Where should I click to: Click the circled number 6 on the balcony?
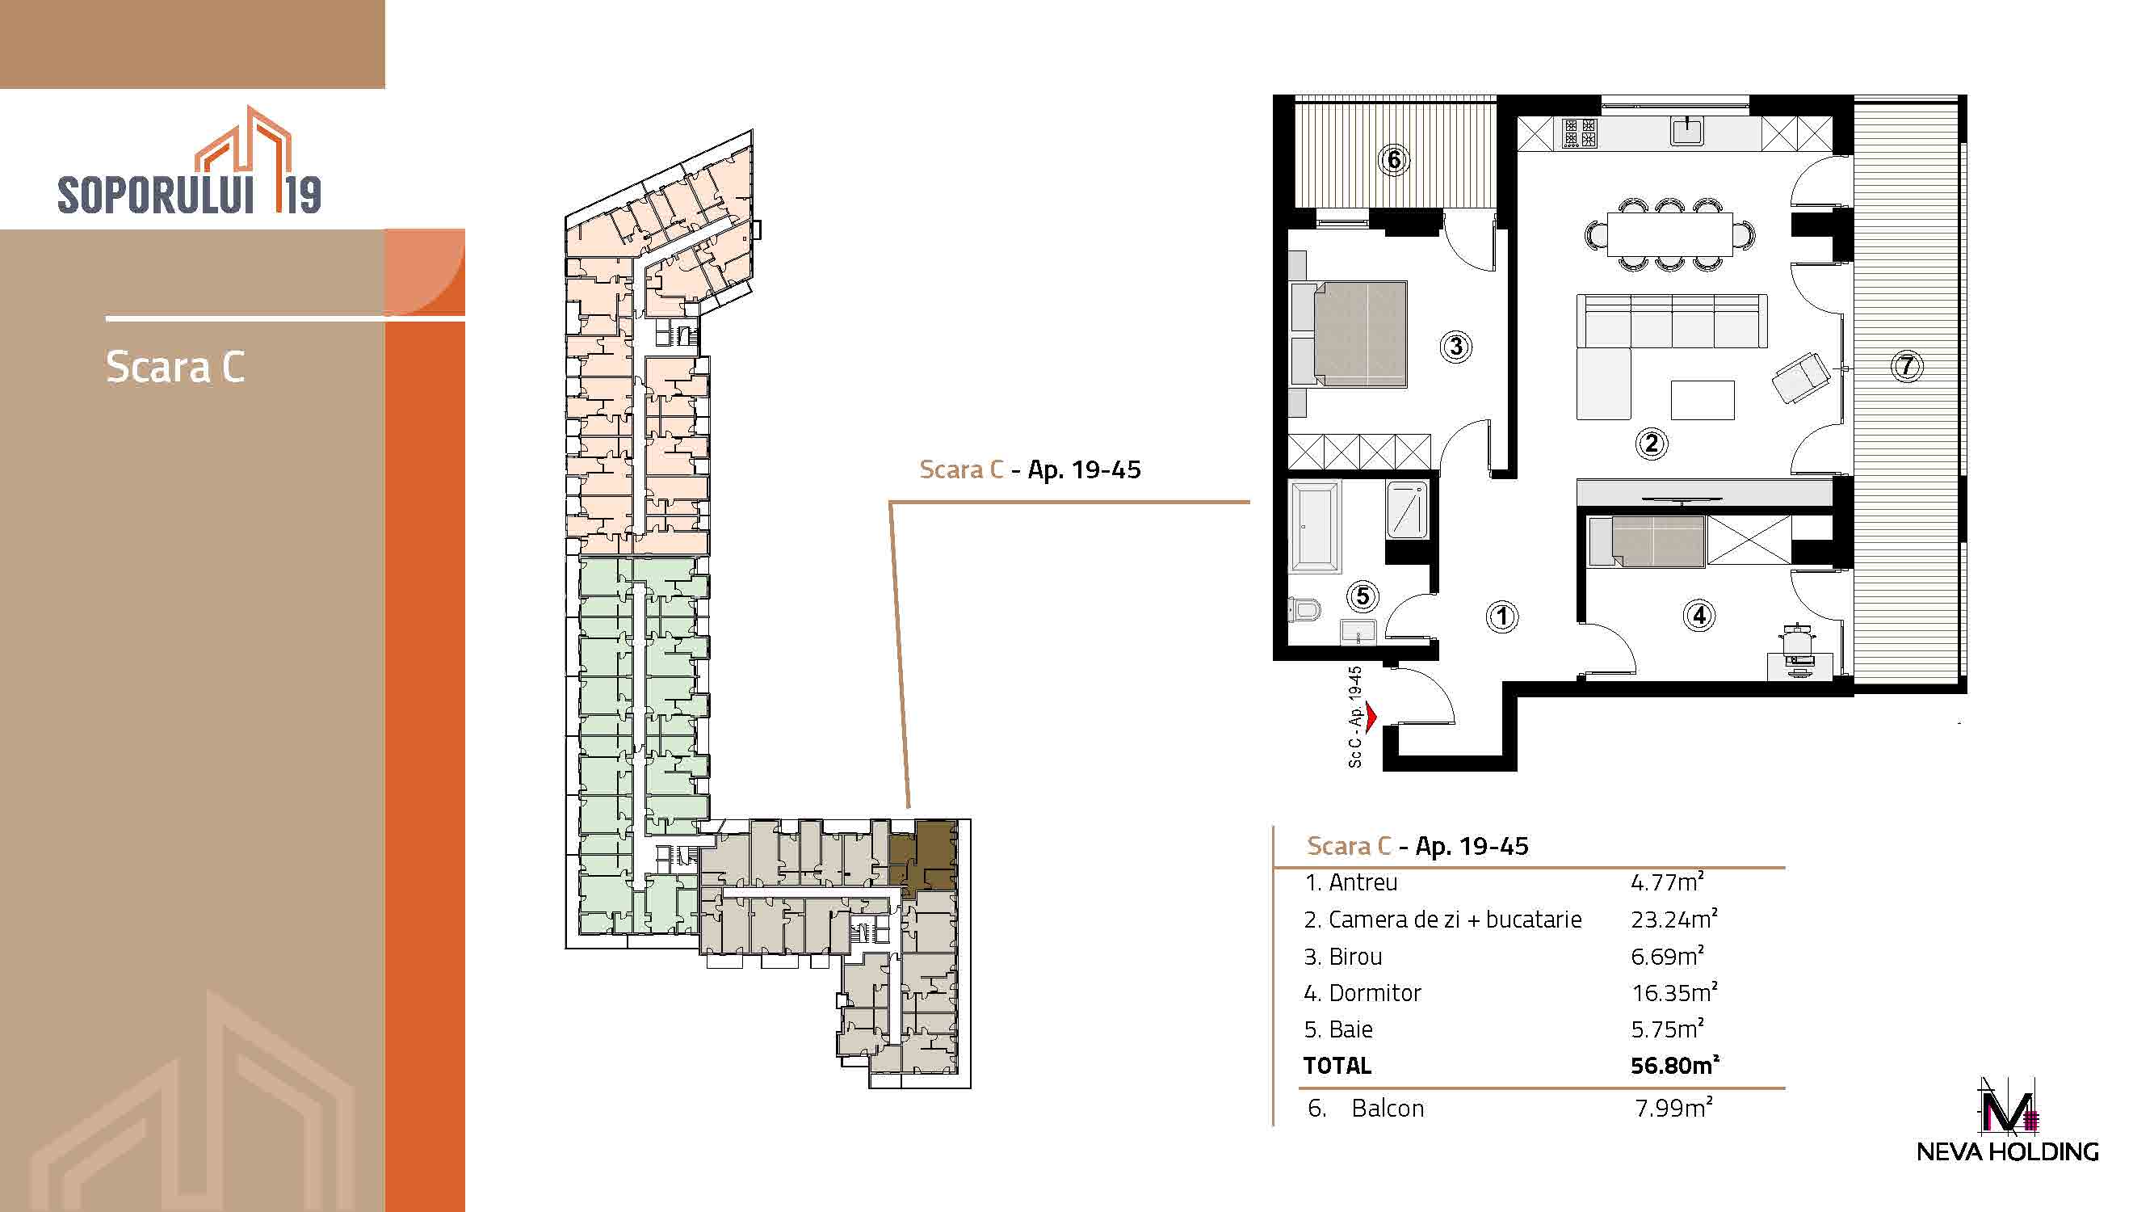click(x=1394, y=159)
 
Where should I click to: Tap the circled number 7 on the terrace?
click(x=1907, y=365)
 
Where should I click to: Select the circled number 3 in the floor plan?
click(x=1456, y=347)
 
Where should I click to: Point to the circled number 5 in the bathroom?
click(x=1363, y=596)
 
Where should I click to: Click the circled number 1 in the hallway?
click(x=1501, y=617)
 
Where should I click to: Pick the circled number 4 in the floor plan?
click(x=1698, y=616)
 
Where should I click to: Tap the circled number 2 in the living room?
click(x=1651, y=443)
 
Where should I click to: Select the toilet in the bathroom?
click(x=1304, y=609)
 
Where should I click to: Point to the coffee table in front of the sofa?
click(x=1703, y=400)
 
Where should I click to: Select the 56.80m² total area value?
click(x=1674, y=1065)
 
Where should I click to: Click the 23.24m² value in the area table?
click(x=1673, y=920)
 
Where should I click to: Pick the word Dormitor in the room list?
click(x=1375, y=993)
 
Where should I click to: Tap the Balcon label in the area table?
click(x=1388, y=1109)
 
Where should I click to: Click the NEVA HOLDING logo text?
click(x=2007, y=1151)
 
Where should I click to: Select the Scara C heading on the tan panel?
click(x=175, y=366)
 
